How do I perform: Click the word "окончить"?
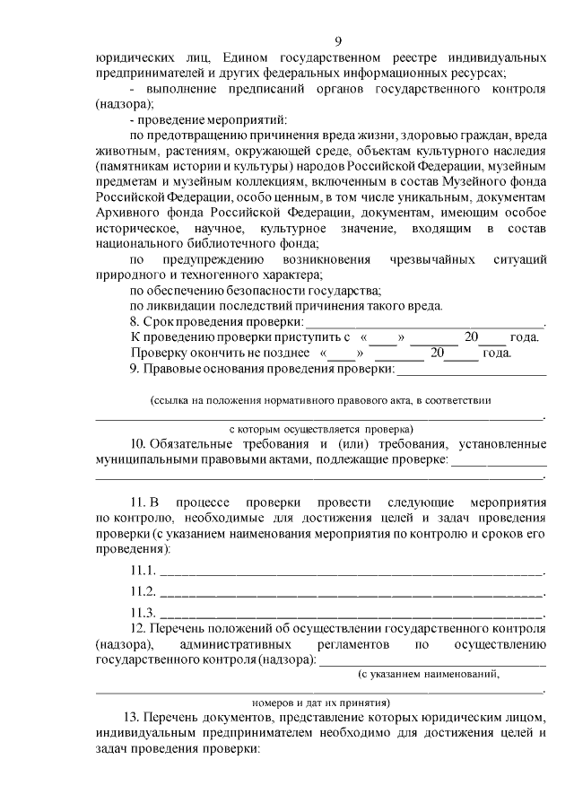coord(210,353)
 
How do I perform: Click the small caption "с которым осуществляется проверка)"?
coord(320,429)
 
